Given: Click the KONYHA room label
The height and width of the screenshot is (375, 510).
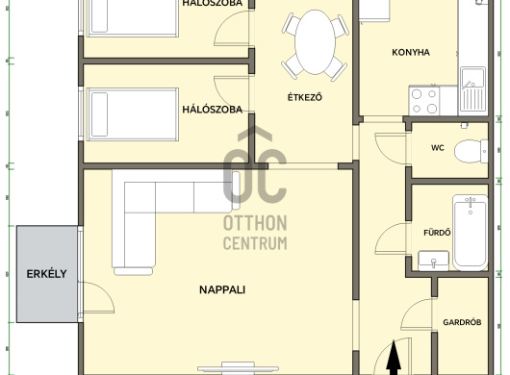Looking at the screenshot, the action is tap(411, 52).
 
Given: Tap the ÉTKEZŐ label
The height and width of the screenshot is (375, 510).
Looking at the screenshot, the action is tap(305, 97).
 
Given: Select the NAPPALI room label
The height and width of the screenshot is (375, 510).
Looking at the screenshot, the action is tap(222, 289).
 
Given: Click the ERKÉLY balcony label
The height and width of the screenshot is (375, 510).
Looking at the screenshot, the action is tap(46, 274).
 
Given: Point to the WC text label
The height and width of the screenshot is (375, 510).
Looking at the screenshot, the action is tap(438, 148).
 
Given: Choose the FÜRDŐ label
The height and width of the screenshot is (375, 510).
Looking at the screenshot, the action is tap(437, 233).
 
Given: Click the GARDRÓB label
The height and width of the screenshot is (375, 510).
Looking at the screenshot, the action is tap(462, 322).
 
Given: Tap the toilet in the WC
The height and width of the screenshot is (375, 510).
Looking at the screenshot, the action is tap(471, 151).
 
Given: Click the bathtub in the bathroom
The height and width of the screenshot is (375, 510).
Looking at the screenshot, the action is tap(471, 233).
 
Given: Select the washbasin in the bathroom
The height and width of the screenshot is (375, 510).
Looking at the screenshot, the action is tap(434, 261).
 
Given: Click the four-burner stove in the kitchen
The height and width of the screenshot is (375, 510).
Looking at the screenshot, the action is tap(424, 100).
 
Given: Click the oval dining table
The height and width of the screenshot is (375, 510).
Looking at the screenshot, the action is tap(315, 42).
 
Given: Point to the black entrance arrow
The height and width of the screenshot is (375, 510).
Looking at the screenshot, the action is tap(394, 357).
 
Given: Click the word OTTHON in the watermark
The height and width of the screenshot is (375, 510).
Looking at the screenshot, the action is tap(255, 223).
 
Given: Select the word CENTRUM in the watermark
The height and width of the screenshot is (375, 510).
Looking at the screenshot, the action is tap(255, 242).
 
